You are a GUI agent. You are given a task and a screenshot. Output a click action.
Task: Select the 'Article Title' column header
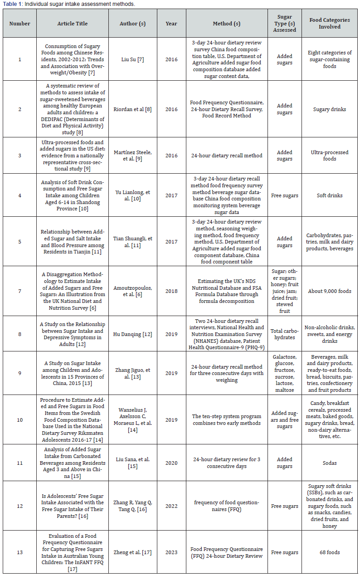[x=73, y=24]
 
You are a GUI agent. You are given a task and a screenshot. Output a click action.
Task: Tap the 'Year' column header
[x=171, y=24]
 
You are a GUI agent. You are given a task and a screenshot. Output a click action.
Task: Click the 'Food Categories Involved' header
[x=330, y=24]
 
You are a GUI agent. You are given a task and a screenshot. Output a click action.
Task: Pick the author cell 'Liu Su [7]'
[x=134, y=59]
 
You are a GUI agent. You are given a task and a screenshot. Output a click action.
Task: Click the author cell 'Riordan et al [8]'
[x=134, y=109]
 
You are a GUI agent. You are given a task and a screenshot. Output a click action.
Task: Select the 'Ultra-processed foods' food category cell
[x=330, y=156]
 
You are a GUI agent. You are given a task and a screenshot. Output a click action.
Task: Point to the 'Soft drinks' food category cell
[x=330, y=195]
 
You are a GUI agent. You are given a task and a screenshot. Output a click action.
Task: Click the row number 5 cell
[x=19, y=242]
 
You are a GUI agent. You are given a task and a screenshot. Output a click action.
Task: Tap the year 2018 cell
[x=171, y=291]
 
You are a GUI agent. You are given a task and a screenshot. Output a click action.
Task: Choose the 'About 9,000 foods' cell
[x=330, y=291]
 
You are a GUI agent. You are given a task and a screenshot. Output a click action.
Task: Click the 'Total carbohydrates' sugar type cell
[x=285, y=334]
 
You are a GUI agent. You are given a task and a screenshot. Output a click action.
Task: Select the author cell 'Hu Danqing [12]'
[x=134, y=334]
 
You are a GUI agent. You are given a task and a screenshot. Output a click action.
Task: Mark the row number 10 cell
[x=19, y=420]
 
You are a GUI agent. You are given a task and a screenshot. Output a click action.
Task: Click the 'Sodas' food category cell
[x=330, y=463]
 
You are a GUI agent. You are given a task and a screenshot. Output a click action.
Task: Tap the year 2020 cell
[x=171, y=463]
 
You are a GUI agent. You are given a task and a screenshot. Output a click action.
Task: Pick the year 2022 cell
[x=171, y=506]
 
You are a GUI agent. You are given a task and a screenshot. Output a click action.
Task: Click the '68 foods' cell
[x=330, y=552]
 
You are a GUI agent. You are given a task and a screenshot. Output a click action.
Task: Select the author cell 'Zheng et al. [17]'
[x=134, y=552]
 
